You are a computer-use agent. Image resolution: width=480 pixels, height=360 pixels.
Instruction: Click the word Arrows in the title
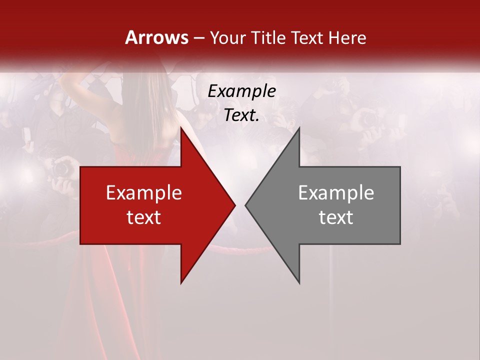pyautogui.click(x=157, y=37)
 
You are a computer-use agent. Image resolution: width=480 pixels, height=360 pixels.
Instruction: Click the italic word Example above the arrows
pyautogui.click(x=241, y=91)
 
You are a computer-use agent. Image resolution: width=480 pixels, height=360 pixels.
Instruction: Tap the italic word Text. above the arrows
pyautogui.click(x=241, y=115)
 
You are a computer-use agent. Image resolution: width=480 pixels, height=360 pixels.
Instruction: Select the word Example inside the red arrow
pyautogui.click(x=144, y=192)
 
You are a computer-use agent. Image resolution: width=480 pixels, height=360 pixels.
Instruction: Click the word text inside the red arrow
pyautogui.click(x=144, y=217)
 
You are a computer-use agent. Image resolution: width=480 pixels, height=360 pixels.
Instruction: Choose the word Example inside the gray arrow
pyautogui.click(x=336, y=192)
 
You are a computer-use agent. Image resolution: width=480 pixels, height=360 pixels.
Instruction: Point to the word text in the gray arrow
pyautogui.click(x=336, y=217)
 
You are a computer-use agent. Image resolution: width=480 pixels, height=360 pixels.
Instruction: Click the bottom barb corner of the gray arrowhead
pyautogui.click(x=299, y=283)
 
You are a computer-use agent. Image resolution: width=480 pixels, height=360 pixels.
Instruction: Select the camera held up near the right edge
pyautogui.click(x=370, y=119)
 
